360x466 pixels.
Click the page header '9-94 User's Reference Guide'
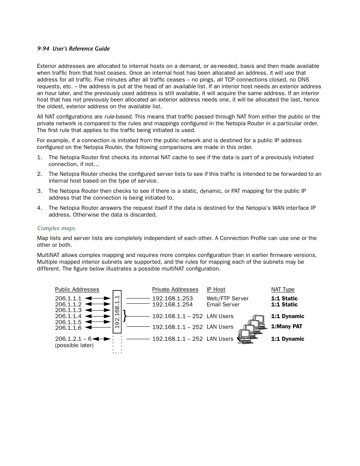73,49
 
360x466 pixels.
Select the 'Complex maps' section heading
56,228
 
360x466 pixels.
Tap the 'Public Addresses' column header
77,289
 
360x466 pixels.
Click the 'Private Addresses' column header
175,289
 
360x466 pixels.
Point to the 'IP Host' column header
216,289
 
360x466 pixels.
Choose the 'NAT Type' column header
283,289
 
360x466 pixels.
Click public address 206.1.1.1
68,298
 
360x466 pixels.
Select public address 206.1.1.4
68,316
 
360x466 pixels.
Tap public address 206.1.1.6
68,328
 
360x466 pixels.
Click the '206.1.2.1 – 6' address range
73,339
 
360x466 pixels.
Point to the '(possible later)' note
74,345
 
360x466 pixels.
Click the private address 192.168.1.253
172,298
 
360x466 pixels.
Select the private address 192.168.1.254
172,305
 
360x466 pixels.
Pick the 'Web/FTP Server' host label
228,298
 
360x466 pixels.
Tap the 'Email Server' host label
223,305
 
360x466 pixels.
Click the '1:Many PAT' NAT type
286,326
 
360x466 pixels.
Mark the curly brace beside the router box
125,316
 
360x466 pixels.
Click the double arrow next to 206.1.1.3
98,310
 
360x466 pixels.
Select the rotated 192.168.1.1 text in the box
117,312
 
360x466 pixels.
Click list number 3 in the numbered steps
40,191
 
